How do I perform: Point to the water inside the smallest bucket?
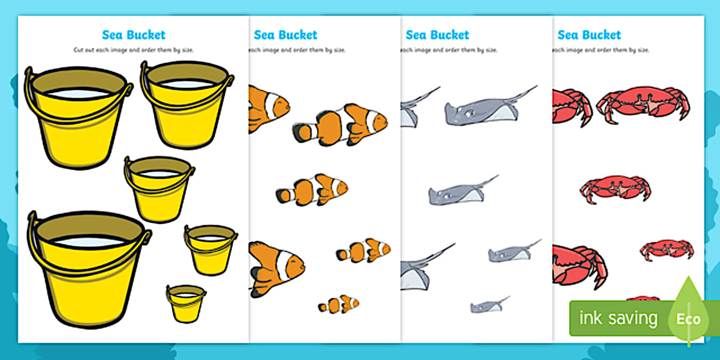pos(186,295)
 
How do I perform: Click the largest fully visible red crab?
pos(643,103)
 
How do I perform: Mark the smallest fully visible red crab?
pos(666,250)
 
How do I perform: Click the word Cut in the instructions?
pos(79,50)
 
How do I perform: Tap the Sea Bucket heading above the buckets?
pos(133,35)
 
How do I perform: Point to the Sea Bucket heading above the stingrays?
pos(437,35)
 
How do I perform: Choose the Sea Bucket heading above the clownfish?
pos(285,35)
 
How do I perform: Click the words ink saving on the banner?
pos(618,318)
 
